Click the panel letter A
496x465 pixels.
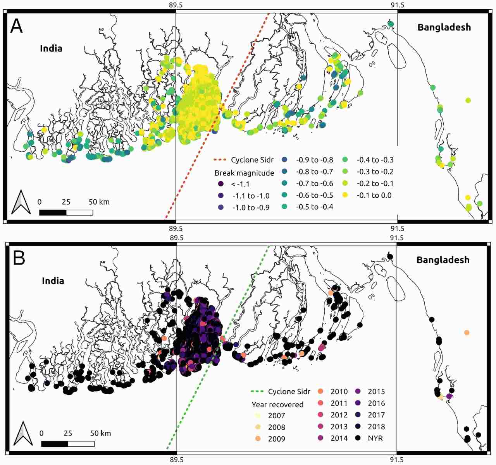pos(16,26)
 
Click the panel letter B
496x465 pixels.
pos(19,258)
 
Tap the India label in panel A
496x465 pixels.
pos(51,48)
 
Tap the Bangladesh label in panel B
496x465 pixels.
pos(443,260)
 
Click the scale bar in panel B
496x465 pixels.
pos(68,444)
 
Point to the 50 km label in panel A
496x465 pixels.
pos(99,202)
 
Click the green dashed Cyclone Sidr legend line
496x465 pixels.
pos(257,391)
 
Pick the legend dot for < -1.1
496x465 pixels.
pos(221,184)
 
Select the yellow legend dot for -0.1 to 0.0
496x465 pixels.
pos(345,195)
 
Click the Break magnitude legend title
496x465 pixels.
pos(244,173)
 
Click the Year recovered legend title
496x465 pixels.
pos(277,405)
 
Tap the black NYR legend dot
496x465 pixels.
pos(358,438)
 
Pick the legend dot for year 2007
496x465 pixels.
pos(258,415)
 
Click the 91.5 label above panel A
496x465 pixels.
pos(397,5)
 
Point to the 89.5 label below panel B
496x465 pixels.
pos(176,460)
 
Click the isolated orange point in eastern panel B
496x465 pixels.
pos(467,333)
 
